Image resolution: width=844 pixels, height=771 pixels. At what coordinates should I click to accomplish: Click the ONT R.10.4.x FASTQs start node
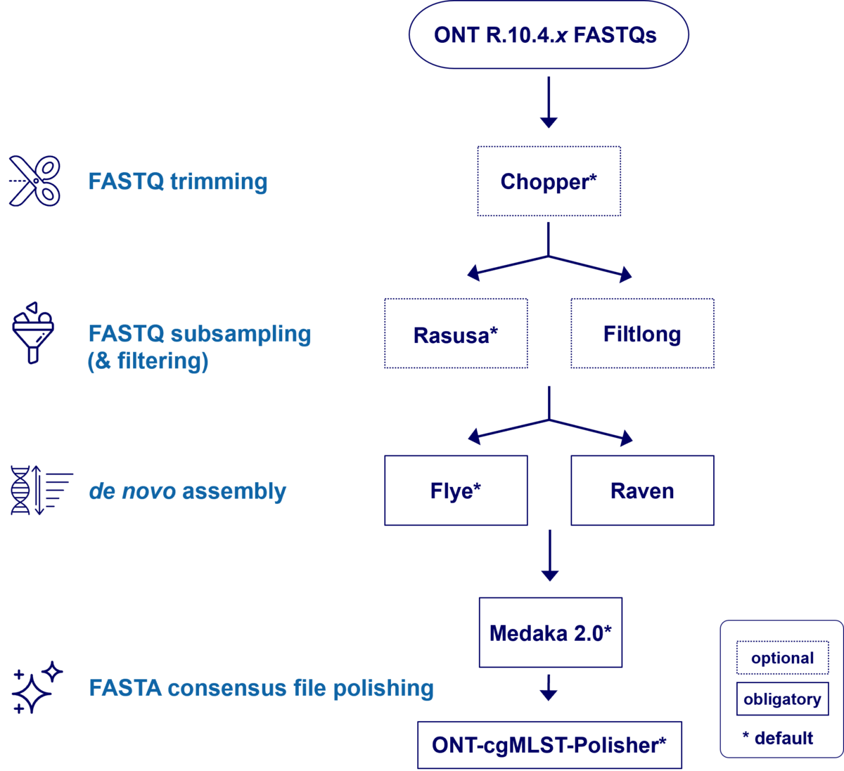[548, 35]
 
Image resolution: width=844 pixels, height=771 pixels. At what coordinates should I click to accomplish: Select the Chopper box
[549, 181]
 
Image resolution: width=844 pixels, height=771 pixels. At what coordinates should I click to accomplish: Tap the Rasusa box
[456, 334]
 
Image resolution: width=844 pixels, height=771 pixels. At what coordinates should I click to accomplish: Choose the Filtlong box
[642, 334]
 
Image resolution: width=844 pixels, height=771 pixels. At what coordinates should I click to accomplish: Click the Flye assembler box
[456, 491]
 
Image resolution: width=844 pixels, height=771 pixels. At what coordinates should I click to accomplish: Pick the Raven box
[642, 491]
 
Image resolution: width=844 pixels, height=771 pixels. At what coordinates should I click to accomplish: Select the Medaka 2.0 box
[550, 633]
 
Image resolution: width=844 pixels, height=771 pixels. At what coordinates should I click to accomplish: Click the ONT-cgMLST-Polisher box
[549, 744]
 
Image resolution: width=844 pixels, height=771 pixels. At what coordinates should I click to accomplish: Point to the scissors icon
[35, 181]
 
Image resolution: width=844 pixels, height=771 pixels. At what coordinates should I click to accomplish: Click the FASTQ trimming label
[177, 182]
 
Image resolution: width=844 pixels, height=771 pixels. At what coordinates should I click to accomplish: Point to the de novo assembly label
[188, 491]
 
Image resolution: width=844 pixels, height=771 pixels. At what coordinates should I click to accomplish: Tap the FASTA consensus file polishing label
[261, 688]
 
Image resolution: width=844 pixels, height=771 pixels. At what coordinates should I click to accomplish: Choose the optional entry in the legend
[782, 659]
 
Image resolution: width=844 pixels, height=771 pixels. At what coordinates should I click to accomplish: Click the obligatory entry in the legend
[782, 699]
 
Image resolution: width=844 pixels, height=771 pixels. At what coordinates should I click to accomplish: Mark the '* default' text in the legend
[778, 738]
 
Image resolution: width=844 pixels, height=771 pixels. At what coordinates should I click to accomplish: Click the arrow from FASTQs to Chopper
[549, 102]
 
